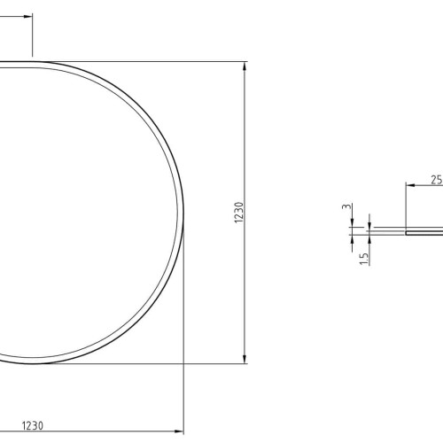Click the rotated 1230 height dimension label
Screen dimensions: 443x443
[239, 213]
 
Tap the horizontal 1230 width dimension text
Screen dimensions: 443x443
[33, 426]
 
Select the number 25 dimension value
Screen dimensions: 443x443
[437, 180]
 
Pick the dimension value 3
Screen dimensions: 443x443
[347, 206]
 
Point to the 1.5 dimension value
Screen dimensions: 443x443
[364, 259]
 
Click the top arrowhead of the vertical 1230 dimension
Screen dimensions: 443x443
[245, 66]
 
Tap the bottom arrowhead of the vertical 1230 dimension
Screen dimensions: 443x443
[245, 359]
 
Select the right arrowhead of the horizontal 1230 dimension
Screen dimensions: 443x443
[179, 431]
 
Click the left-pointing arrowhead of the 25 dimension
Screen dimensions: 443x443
[411, 185]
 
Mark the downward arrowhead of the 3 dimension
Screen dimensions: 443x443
[352, 222]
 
